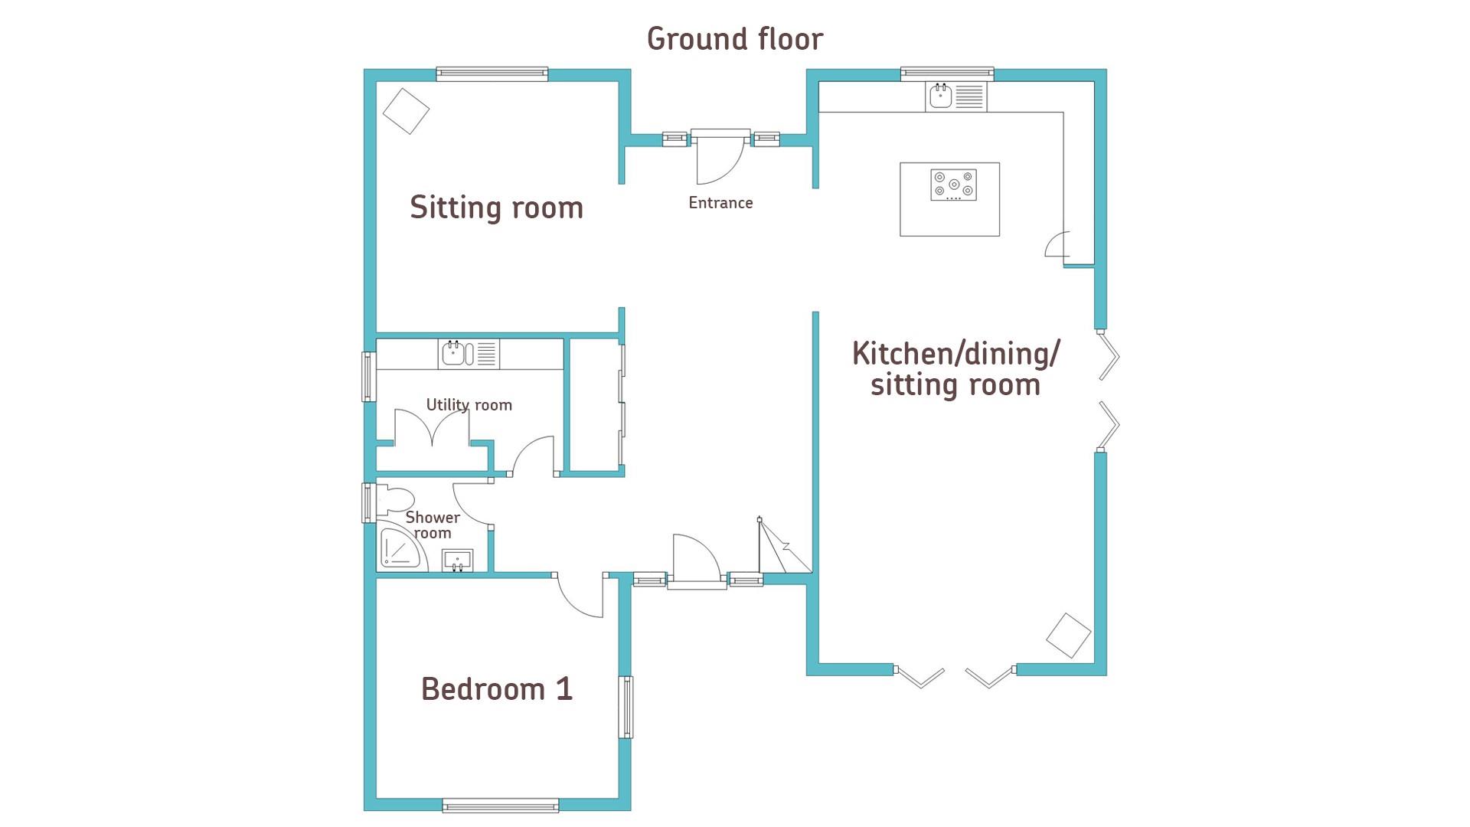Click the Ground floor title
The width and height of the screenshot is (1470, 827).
pyautogui.click(x=735, y=39)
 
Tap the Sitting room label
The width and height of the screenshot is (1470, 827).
pyautogui.click(x=497, y=208)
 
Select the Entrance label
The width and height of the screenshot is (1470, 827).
pyautogui.click(x=720, y=203)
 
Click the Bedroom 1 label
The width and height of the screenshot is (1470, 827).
pyautogui.click(x=497, y=689)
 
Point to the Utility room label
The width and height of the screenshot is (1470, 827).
pyautogui.click(x=469, y=405)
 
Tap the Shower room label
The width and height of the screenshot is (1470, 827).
pyautogui.click(x=433, y=525)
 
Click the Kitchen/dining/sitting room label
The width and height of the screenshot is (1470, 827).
pyautogui.click(x=955, y=369)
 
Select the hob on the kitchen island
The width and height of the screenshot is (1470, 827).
pyautogui.click(x=954, y=185)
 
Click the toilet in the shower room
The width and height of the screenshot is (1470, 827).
pyautogui.click(x=394, y=499)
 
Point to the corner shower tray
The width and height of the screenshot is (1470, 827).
pyautogui.click(x=403, y=548)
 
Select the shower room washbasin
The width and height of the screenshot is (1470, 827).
pyautogui.click(x=458, y=561)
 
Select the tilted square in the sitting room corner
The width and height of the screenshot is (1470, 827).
pyautogui.click(x=406, y=111)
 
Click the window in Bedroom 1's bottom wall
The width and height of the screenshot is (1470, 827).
pyautogui.click(x=501, y=805)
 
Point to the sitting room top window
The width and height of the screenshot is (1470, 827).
pyautogui.click(x=492, y=74)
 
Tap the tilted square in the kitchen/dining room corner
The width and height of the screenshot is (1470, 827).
pyautogui.click(x=1068, y=636)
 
